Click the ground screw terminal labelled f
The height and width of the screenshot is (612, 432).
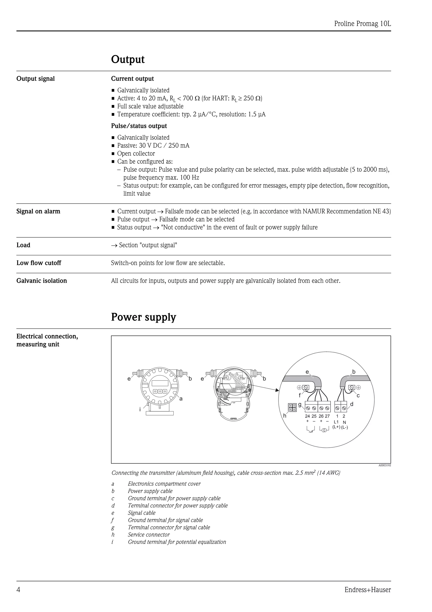[306, 387]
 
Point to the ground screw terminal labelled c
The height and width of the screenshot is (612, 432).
[352, 387]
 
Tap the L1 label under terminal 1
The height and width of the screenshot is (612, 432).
[336, 422]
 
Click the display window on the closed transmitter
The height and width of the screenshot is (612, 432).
[160, 383]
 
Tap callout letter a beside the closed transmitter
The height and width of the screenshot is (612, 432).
[181, 399]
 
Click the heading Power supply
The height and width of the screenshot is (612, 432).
[143, 317]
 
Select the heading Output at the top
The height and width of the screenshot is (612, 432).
[128, 59]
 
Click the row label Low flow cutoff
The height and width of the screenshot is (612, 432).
[39, 263]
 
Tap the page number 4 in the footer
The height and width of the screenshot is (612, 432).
[18, 590]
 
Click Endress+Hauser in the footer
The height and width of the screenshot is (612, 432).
[368, 590]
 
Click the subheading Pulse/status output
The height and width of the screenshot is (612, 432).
[139, 126]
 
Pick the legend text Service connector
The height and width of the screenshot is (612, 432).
[148, 535]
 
